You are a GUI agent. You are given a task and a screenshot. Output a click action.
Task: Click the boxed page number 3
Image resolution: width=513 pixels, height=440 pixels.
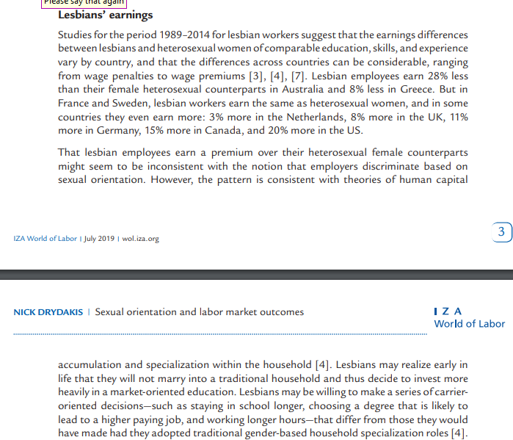click(501, 232)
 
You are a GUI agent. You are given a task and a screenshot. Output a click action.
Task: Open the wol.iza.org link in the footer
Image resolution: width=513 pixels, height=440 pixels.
click(140, 239)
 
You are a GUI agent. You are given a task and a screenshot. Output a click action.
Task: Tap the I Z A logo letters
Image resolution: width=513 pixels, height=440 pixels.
click(448, 311)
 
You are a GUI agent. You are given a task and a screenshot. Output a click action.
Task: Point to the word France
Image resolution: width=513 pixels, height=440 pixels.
click(75, 104)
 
